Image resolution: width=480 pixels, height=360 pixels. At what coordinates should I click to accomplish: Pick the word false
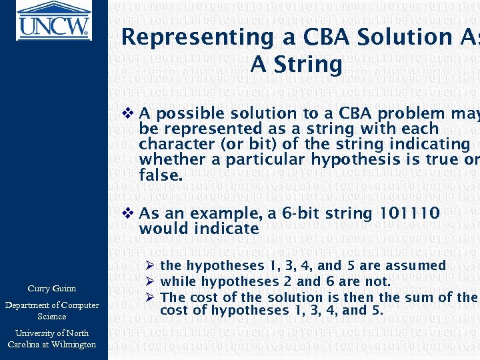[x=160, y=175]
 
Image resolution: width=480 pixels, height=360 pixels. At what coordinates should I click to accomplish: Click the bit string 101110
[x=409, y=213]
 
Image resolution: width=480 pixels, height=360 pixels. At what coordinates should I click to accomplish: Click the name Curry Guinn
[x=51, y=289]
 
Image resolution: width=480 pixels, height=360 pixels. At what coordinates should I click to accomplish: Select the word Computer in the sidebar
[x=75, y=305]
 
